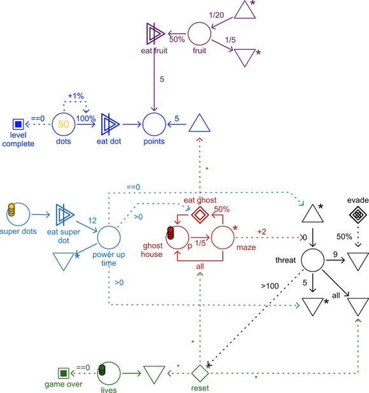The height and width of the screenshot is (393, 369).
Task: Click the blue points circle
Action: coord(153,123)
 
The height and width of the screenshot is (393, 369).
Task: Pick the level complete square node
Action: coord(18,123)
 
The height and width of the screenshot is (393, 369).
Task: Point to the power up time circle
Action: coord(109,237)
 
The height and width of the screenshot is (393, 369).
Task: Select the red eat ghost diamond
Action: coord(199,214)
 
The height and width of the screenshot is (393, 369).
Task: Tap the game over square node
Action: coord(63,373)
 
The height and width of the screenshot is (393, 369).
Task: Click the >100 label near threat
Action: coord(268,286)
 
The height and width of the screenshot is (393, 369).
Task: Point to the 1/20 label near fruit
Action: coord(216,14)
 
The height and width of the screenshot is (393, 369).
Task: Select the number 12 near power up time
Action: coord(92,220)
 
